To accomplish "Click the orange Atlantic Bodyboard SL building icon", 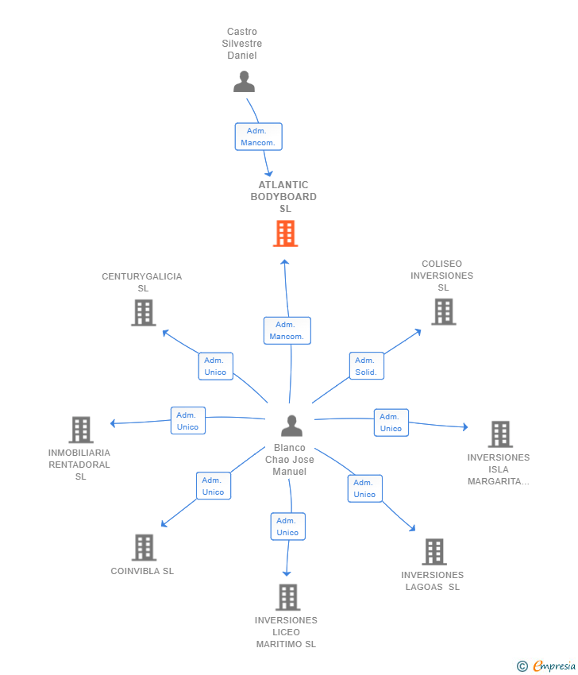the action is [285, 233].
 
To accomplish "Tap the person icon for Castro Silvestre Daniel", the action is [244, 82].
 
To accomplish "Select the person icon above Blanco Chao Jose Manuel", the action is [292, 426].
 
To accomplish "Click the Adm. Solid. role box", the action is [367, 366].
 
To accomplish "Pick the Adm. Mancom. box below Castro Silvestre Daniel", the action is [259, 137].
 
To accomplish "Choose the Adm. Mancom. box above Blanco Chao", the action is [287, 330].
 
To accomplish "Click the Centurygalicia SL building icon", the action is [144, 313].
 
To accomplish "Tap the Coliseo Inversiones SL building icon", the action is [444, 311].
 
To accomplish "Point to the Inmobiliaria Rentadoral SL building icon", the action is [81, 430].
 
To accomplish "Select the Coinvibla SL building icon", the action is [144, 548].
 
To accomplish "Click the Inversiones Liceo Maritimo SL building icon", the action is [288, 597].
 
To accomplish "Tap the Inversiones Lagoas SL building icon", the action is [434, 551].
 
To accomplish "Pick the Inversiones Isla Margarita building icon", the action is [500, 434].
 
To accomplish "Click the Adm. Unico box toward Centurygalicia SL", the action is [216, 366].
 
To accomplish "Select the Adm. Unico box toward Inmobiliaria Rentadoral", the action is [188, 421].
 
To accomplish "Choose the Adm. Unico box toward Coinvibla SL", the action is [214, 486].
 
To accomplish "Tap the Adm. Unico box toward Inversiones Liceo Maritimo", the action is [288, 526].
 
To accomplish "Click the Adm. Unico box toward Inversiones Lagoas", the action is [365, 488].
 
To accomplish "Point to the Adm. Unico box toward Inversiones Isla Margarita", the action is [391, 422].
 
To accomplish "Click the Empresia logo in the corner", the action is [546, 666].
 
